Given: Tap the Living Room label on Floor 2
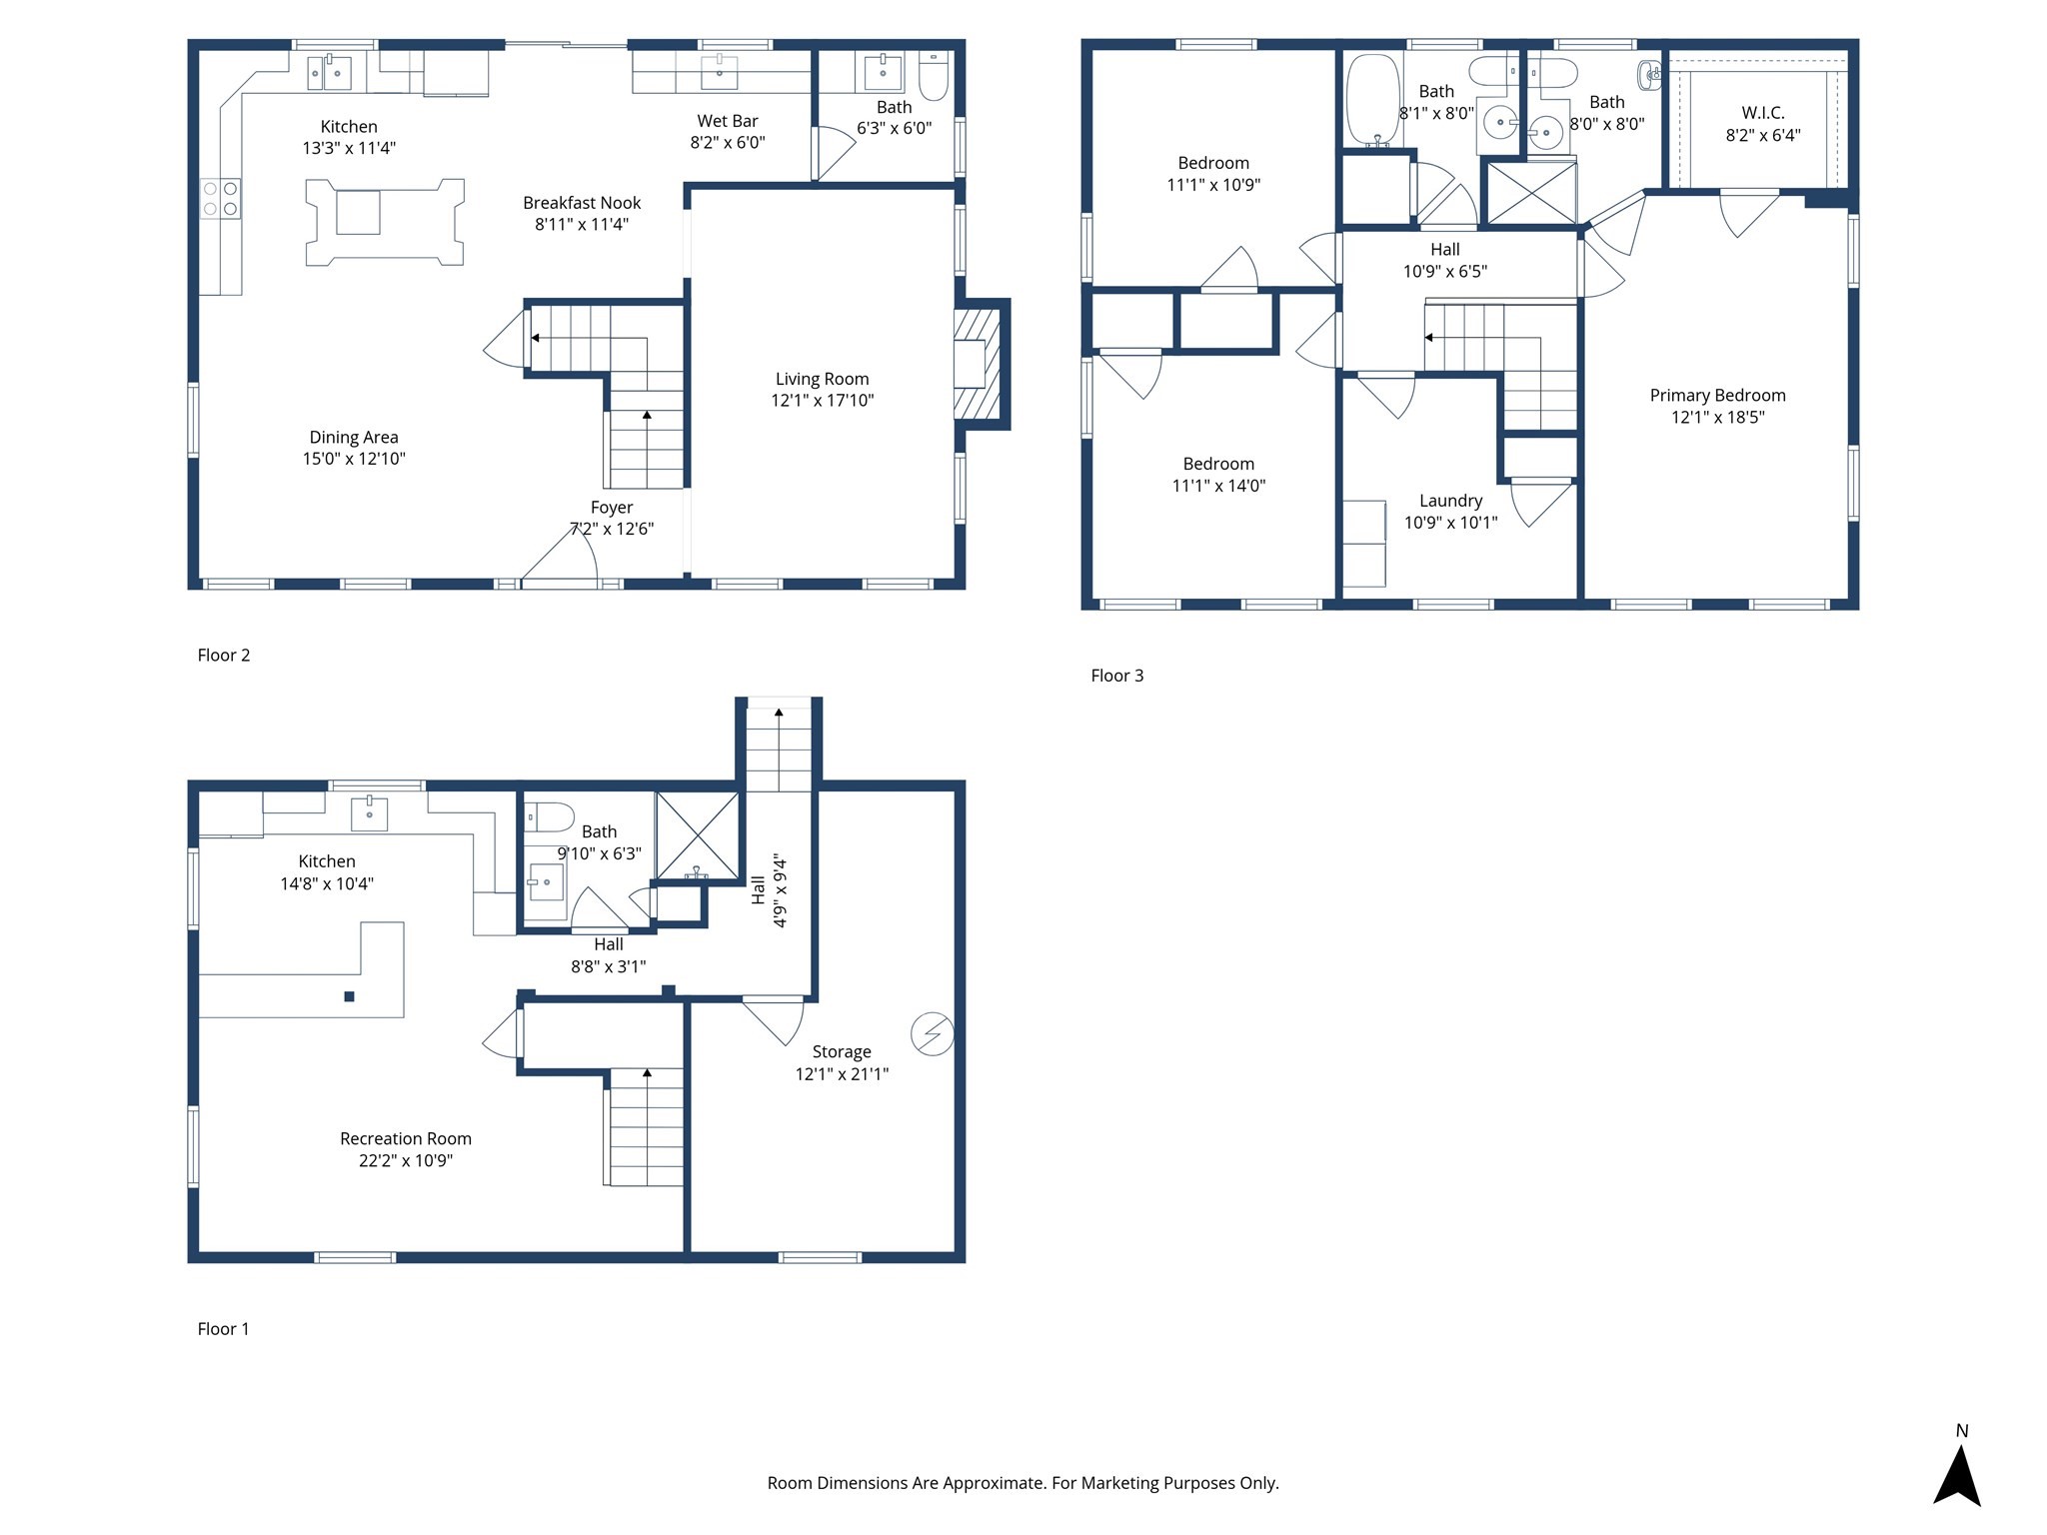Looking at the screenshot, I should (822, 379).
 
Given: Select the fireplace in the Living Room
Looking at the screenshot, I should (977, 364).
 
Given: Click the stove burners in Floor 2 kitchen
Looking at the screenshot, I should (220, 198).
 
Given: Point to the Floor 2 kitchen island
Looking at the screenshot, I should (384, 222).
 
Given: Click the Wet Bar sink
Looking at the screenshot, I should (719, 72).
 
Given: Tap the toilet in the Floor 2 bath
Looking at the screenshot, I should (933, 76).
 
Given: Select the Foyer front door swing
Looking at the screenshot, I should (563, 558).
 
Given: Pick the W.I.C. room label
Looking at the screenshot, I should (1762, 113).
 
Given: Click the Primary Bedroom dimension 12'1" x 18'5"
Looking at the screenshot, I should (1717, 417).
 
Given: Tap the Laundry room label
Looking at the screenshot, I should (1450, 501).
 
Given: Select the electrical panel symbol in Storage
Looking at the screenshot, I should (932, 1033).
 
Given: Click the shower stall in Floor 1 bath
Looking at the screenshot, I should (697, 835).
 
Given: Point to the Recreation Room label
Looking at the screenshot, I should (405, 1138).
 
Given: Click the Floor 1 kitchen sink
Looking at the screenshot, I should (369, 813).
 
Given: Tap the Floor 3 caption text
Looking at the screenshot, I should (1116, 676).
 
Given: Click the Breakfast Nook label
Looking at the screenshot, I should (582, 203).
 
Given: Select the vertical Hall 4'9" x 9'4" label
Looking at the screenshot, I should (769, 889).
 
